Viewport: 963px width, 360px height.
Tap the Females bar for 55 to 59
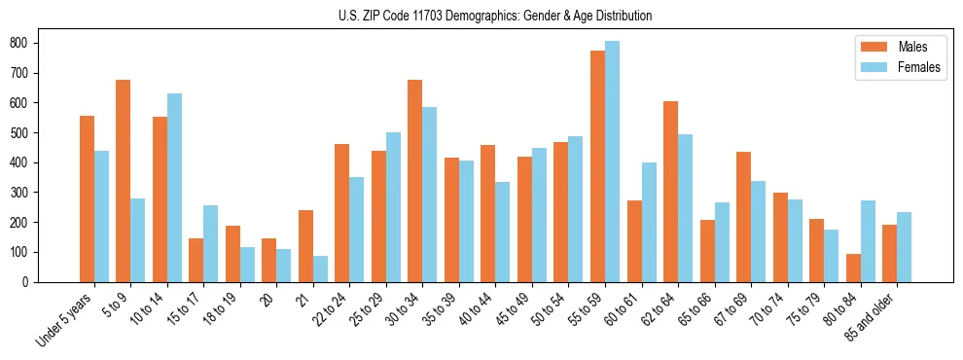click(x=612, y=162)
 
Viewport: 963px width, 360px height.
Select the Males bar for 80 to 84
click(x=853, y=268)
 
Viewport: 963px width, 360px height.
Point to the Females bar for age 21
click(x=320, y=269)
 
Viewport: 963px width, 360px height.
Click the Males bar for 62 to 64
click(x=670, y=192)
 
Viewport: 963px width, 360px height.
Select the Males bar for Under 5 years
click(x=87, y=198)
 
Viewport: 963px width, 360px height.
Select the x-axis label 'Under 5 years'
click(x=65, y=319)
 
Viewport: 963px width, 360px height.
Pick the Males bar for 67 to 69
click(x=743, y=217)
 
